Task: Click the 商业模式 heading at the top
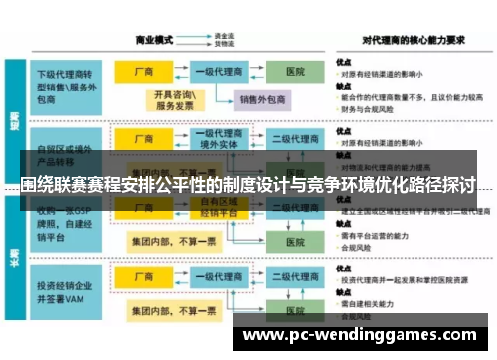point(154,41)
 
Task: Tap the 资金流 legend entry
point(224,36)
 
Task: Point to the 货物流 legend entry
point(224,45)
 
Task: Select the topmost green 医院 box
point(295,73)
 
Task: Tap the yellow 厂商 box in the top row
point(142,73)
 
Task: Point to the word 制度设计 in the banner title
point(237,185)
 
